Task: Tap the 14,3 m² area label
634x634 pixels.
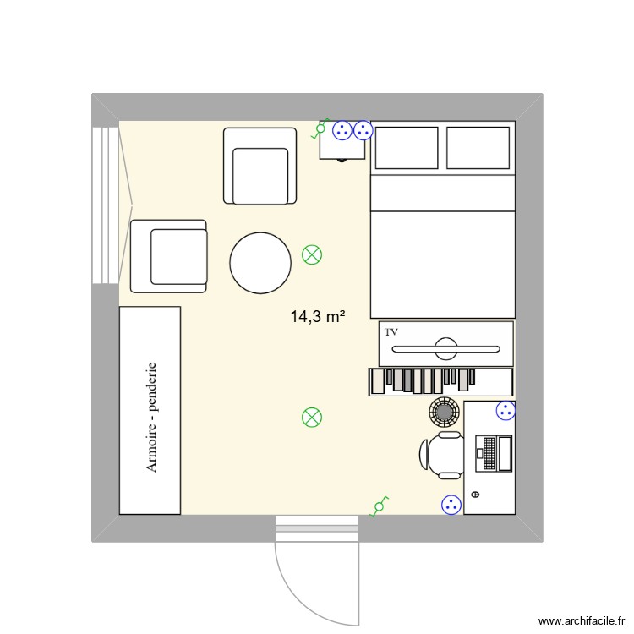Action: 317,317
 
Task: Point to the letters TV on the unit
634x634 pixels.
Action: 391,332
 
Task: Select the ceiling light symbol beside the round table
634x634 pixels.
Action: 312,254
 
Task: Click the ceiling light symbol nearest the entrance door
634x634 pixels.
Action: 312,417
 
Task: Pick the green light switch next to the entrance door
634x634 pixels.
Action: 377,507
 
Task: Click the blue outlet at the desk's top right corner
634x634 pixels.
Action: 505,411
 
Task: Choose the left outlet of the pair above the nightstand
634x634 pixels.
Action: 342,130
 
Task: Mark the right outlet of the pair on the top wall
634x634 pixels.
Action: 363,130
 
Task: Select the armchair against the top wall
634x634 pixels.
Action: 260,167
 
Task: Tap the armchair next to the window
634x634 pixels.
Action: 169,256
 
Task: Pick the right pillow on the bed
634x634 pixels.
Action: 478,147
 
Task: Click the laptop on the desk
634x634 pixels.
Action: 495,453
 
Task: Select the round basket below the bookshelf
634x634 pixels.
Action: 444,411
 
